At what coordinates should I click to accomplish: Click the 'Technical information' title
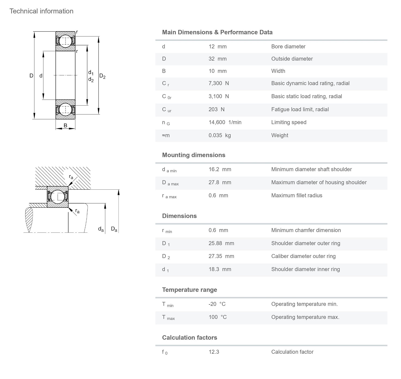tap(41, 11)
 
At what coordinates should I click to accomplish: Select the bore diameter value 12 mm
tap(217, 47)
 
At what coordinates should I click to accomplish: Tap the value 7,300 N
tap(218, 83)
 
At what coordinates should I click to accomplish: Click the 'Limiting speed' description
tap(289, 122)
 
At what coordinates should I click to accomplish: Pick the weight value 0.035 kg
tap(220, 135)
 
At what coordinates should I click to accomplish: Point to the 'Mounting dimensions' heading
tap(193, 155)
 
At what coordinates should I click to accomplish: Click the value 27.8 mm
tap(220, 182)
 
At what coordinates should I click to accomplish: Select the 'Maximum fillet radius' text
tap(297, 195)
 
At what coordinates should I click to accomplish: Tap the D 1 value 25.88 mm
tap(221, 243)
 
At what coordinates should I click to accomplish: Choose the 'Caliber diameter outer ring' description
tap(303, 256)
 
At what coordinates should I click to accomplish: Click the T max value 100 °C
tap(217, 317)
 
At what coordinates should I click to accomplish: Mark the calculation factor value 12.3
tap(214, 352)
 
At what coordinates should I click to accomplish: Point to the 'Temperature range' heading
tap(189, 290)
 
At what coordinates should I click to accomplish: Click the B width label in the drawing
tap(65, 125)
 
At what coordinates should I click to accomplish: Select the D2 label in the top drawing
tap(102, 76)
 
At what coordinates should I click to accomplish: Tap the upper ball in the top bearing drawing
tap(65, 41)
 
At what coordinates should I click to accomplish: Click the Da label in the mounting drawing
tap(114, 229)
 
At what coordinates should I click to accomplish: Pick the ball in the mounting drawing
tap(58, 196)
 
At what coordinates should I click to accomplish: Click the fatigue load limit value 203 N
tap(216, 109)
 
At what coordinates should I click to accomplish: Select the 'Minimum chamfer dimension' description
tap(306, 230)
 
